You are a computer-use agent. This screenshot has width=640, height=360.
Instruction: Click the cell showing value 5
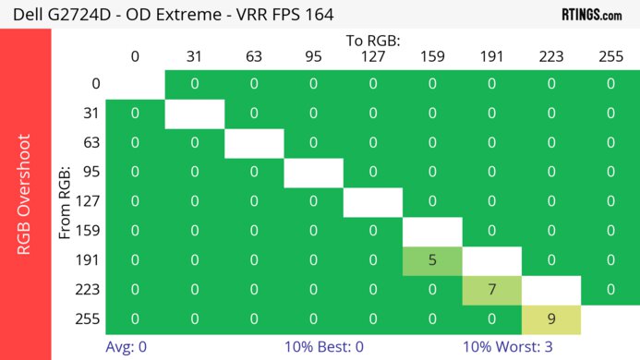tap(432, 260)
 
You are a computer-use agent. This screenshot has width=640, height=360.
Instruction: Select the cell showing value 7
tap(491, 289)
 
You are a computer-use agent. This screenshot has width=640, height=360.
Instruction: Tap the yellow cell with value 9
tap(551, 318)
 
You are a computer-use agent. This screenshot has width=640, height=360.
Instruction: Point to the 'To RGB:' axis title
tap(373, 41)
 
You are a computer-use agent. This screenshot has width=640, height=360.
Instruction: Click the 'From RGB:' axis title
tap(65, 202)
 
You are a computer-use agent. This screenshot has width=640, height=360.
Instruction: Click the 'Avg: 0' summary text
tap(127, 346)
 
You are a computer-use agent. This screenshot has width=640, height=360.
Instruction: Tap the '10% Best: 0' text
tap(324, 346)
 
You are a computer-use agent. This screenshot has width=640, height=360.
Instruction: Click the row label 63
tap(90, 143)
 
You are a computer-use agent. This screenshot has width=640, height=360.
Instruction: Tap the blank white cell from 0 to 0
tap(135, 84)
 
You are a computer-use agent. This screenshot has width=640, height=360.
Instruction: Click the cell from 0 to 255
tap(610, 84)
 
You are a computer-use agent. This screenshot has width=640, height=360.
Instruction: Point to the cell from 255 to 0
tap(135, 318)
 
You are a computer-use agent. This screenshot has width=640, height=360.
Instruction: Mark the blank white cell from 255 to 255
tap(610, 318)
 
